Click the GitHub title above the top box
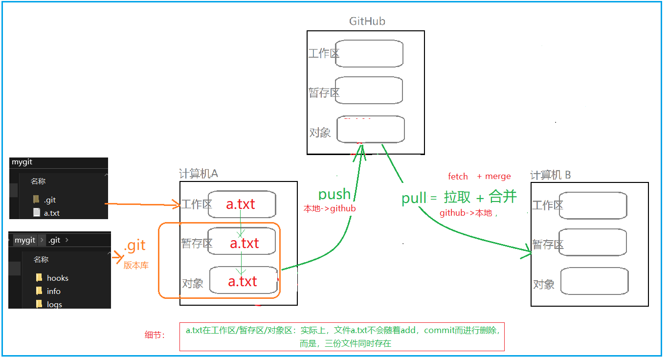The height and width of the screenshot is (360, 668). [x=367, y=21]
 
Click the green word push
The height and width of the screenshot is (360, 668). [x=334, y=194]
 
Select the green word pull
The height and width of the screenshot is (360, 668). [x=413, y=198]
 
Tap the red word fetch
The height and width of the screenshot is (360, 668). [x=458, y=176]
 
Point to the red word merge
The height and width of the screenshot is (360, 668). [x=498, y=176]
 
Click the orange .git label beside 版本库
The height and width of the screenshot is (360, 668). [x=135, y=246]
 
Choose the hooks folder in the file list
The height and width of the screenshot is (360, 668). [x=57, y=278]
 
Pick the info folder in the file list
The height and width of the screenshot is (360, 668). [x=53, y=291]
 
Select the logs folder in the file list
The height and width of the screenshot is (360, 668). [x=54, y=304]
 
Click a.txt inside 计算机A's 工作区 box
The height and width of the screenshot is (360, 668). [x=241, y=204]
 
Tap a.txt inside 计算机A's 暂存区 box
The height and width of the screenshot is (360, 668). [x=244, y=243]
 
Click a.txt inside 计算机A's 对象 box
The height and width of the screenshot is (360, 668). [x=243, y=281]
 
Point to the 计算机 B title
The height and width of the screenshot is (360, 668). [x=551, y=175]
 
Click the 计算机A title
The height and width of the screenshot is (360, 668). [x=199, y=174]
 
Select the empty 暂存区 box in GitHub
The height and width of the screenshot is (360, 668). [x=369, y=90]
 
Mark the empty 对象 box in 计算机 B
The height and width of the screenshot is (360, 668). [x=594, y=281]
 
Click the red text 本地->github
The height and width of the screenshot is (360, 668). [x=330, y=208]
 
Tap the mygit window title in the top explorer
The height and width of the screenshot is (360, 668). [x=22, y=162]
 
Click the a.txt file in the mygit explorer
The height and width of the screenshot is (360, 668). [x=51, y=213]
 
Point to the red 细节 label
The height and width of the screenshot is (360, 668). [x=155, y=335]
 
